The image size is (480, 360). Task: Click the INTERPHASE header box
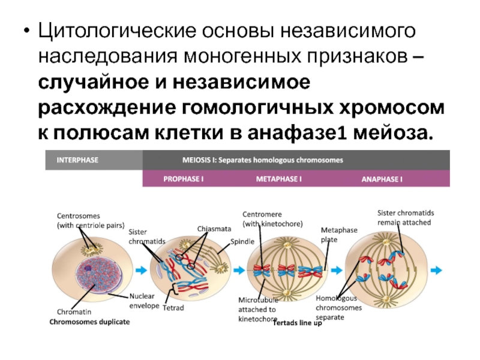[x=94, y=161]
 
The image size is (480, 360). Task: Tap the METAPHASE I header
[x=279, y=179]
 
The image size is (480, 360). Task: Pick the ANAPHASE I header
[x=382, y=179]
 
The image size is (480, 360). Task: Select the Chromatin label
[x=74, y=312]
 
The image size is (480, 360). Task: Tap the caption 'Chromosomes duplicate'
[x=89, y=322]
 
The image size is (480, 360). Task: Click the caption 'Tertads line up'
[x=297, y=323]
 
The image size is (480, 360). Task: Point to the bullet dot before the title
[x=25, y=30]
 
